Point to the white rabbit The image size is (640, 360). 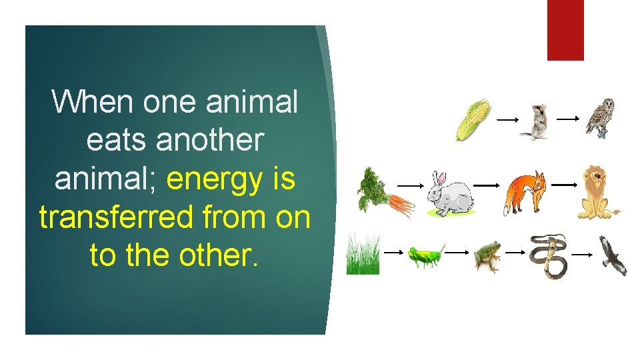coord(449,194)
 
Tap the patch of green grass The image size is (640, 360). coord(363,255)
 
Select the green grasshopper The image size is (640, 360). coord(425,256)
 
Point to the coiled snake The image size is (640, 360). coord(548,255)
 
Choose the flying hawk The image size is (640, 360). coord(612,256)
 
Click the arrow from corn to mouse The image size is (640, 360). coord(507,119)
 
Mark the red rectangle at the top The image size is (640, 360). coord(565,30)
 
